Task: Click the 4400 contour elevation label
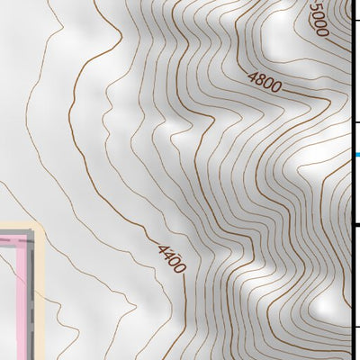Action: tap(170, 258)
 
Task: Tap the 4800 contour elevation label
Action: tap(265, 85)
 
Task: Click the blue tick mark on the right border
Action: tap(355, 155)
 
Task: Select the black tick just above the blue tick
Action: tap(355, 122)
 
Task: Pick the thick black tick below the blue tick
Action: tap(355, 224)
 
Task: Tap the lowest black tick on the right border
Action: tap(355, 326)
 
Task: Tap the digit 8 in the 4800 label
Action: tap(260, 82)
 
